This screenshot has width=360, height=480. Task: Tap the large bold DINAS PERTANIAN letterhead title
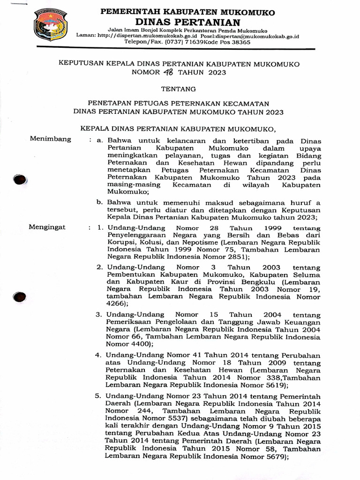tap(187, 22)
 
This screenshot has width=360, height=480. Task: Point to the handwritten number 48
tap(168, 72)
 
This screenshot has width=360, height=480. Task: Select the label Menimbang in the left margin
tap(51, 139)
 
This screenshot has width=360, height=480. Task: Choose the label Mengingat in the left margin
tap(48, 227)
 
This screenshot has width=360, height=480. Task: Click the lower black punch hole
tap(20, 297)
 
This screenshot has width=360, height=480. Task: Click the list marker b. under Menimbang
tap(99, 202)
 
